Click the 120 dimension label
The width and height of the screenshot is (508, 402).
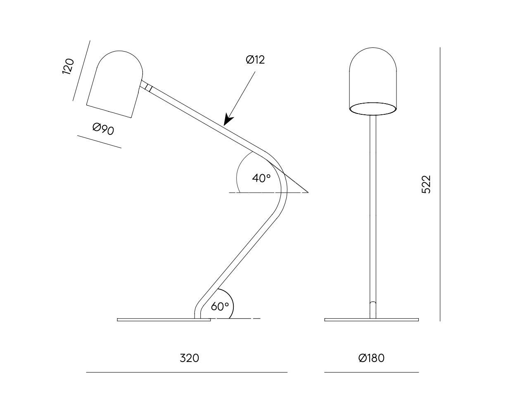[x=68, y=66]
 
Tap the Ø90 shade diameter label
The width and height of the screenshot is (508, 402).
[x=103, y=129]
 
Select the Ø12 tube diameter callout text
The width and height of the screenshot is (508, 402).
[x=255, y=60]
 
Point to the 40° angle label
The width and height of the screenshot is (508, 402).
[x=261, y=178]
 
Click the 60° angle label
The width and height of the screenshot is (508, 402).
[x=220, y=307]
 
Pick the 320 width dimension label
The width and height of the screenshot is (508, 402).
[x=189, y=358]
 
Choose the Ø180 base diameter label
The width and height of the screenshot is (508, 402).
[x=371, y=358]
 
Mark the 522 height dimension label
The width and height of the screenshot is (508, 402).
[x=426, y=184]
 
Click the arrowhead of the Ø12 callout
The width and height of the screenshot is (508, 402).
[x=228, y=120]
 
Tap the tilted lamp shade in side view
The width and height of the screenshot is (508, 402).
[x=115, y=84]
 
